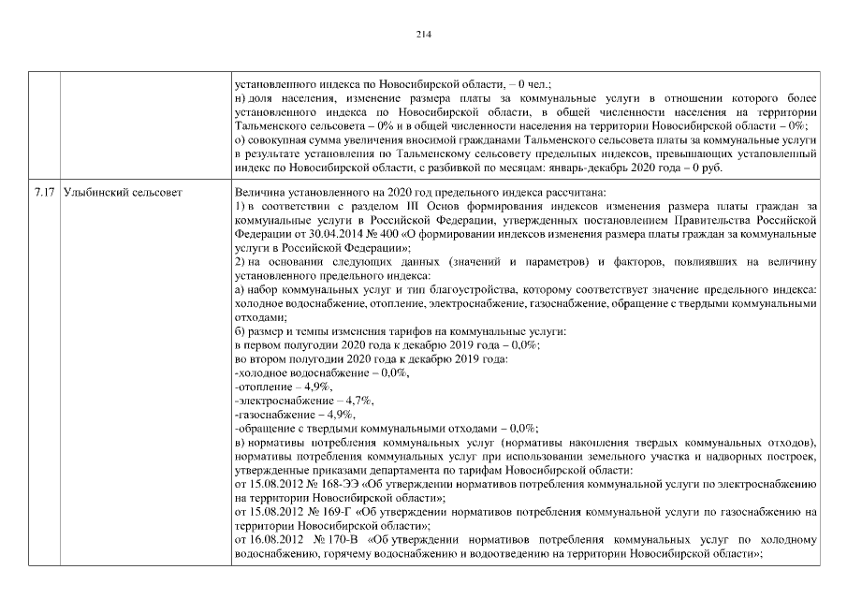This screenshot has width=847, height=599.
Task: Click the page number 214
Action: click(x=423, y=34)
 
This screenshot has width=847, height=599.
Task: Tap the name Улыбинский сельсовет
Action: click(x=122, y=192)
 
